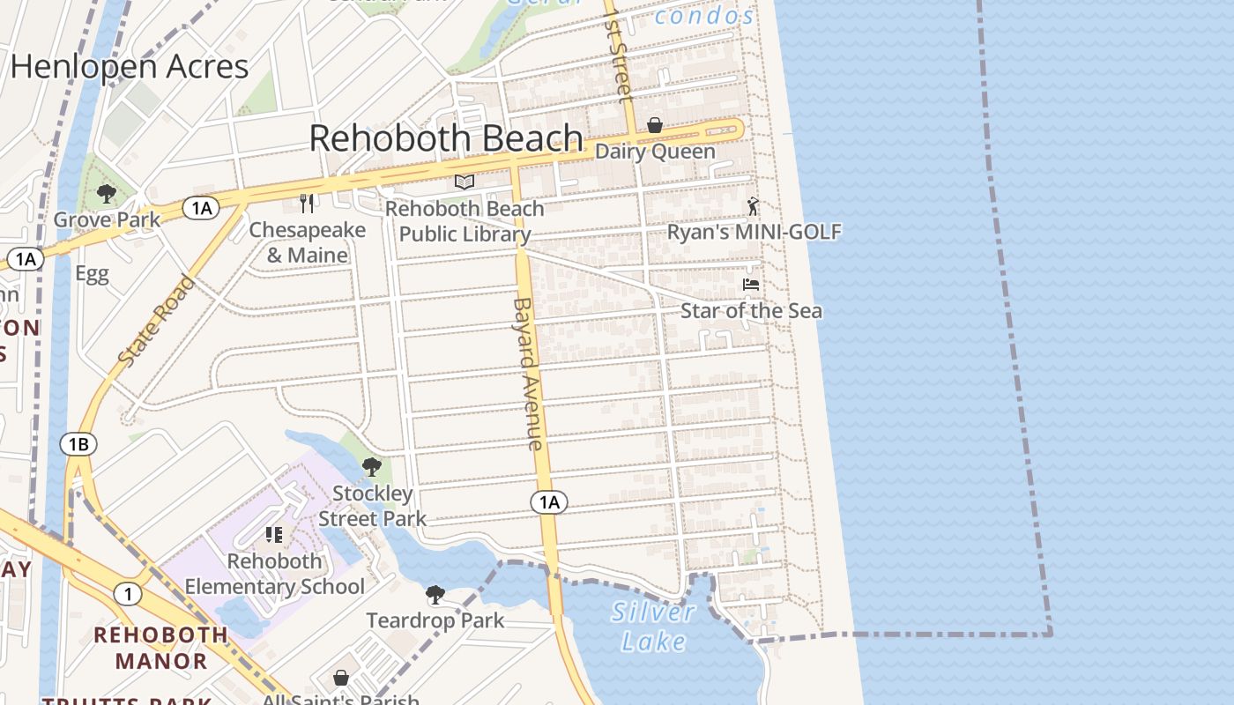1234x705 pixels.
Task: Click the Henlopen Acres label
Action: click(x=130, y=67)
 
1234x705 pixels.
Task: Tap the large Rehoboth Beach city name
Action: click(x=446, y=139)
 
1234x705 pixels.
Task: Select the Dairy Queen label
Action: click(x=655, y=152)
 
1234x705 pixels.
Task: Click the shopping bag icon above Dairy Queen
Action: click(x=655, y=126)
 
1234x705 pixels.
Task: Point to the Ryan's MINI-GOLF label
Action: click(x=754, y=232)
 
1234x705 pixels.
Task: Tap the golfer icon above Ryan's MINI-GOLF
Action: click(x=752, y=206)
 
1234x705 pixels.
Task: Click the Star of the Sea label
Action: click(x=751, y=311)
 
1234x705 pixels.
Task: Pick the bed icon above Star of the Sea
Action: click(x=751, y=285)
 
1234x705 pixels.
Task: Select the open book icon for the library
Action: click(x=465, y=182)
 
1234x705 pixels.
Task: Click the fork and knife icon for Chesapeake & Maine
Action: click(x=307, y=204)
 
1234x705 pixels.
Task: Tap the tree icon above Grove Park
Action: click(x=108, y=194)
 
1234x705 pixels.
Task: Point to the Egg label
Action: click(x=92, y=273)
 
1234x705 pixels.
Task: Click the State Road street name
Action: click(x=156, y=322)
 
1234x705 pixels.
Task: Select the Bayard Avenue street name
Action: click(x=527, y=374)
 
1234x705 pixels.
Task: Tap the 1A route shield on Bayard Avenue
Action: click(x=549, y=502)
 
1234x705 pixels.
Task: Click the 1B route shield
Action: click(x=78, y=444)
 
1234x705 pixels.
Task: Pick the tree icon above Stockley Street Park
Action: click(x=372, y=467)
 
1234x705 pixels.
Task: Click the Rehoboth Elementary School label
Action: click(x=274, y=574)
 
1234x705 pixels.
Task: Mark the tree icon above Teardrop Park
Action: click(x=435, y=595)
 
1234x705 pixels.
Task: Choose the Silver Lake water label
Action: click(x=653, y=627)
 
